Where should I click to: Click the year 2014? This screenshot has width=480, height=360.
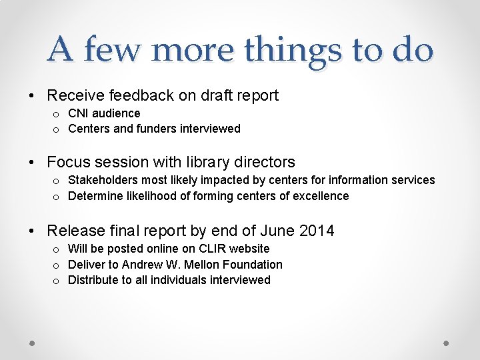click(317, 231)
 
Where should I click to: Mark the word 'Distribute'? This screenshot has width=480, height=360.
click(93, 280)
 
